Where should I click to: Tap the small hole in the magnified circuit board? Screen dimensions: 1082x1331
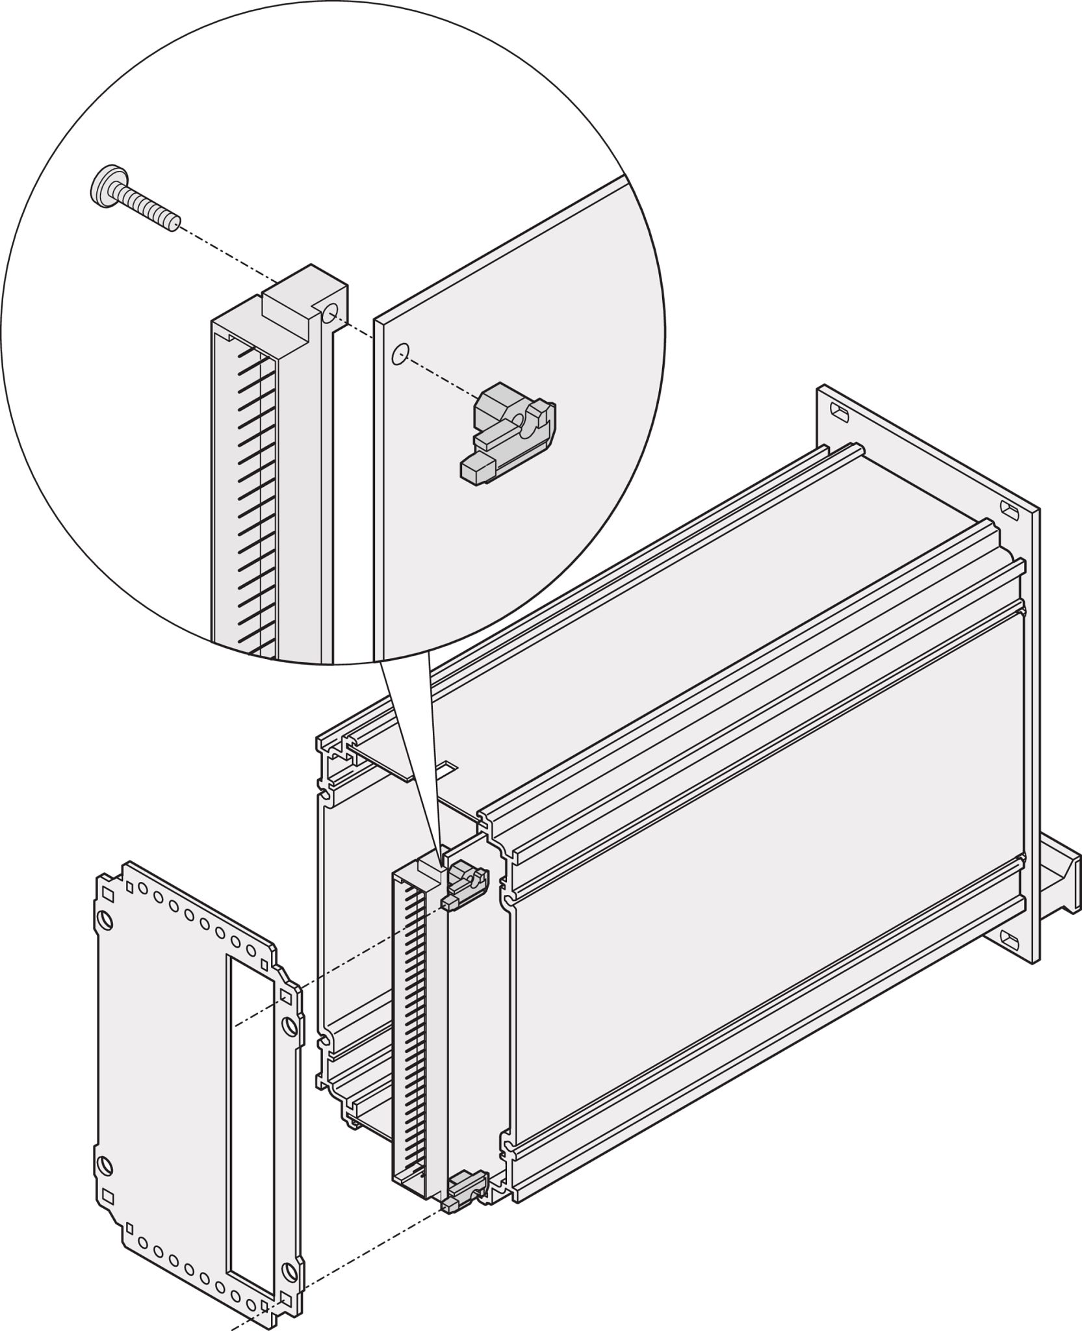click(x=400, y=354)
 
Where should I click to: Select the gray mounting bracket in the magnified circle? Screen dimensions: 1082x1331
click(x=510, y=432)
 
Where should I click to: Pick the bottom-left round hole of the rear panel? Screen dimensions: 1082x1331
click(x=104, y=1167)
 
